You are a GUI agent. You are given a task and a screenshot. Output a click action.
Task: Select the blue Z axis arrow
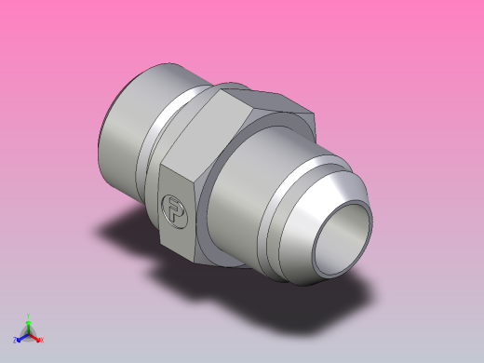tap(21, 337)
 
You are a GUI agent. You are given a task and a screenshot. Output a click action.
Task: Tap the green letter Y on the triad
tap(29, 316)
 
